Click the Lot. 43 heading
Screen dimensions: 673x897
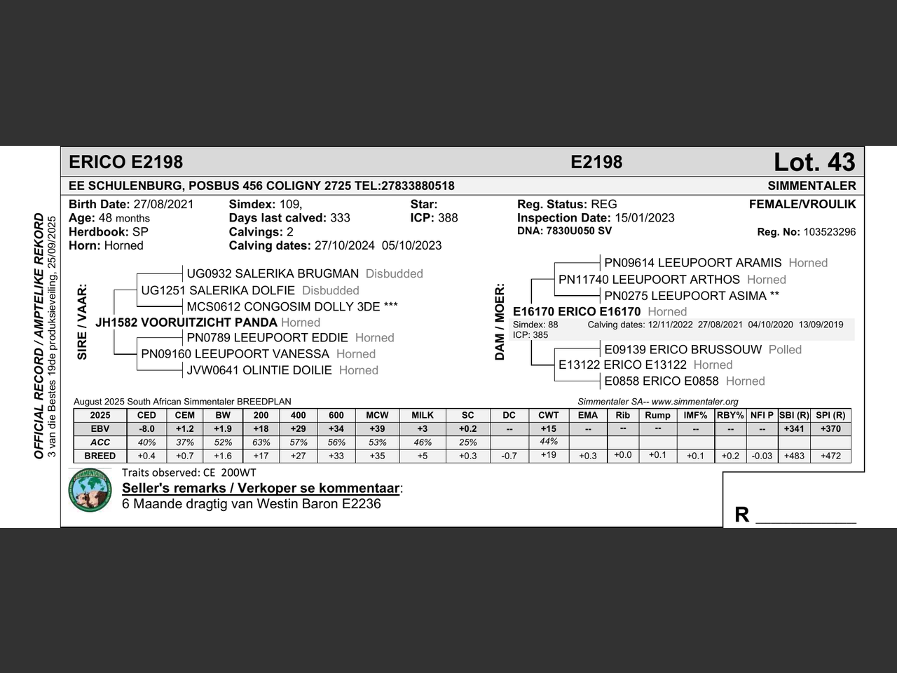[814, 163]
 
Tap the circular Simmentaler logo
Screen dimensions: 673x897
[90, 490]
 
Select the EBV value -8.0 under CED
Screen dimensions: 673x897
[146, 429]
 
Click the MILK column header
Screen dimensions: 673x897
[423, 415]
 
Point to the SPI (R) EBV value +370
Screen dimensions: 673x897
[830, 429]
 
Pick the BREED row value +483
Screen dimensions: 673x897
[794, 456]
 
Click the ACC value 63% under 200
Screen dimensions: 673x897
[261, 442]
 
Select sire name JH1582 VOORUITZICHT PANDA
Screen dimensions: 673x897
[186, 322]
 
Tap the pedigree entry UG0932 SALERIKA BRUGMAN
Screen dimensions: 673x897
[273, 273]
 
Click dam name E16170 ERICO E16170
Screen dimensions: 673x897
[577, 311]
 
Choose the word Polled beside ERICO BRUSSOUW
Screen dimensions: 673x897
[785, 350]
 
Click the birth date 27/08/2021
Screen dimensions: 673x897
[163, 205]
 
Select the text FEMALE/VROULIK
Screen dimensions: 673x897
[802, 205]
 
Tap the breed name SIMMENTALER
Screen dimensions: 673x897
[812, 186]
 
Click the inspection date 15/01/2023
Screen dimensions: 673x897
[645, 218]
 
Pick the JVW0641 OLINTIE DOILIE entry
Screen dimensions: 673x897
[259, 370]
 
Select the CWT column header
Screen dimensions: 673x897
[549, 415]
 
